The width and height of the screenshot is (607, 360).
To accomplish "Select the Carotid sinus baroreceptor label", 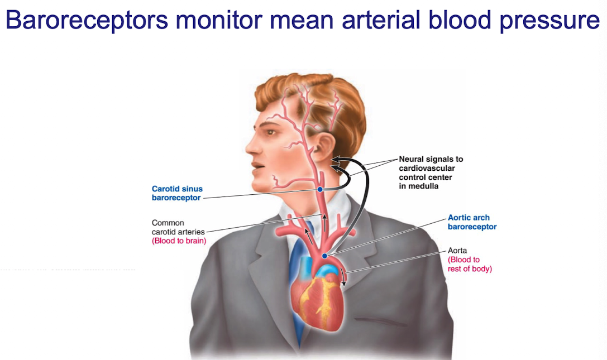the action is [176, 193].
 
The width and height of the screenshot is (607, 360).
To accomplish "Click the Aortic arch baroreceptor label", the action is [472, 222].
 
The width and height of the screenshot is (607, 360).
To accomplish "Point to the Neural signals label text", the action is [431, 159].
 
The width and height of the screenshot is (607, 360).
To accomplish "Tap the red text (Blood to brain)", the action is [179, 241].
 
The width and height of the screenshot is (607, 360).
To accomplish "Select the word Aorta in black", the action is [458, 251].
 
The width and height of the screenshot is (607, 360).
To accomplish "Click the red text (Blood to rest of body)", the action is [470, 264].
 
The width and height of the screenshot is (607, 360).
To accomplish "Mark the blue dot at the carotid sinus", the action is [320, 190].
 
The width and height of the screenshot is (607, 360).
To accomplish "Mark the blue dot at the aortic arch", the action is [324, 256].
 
